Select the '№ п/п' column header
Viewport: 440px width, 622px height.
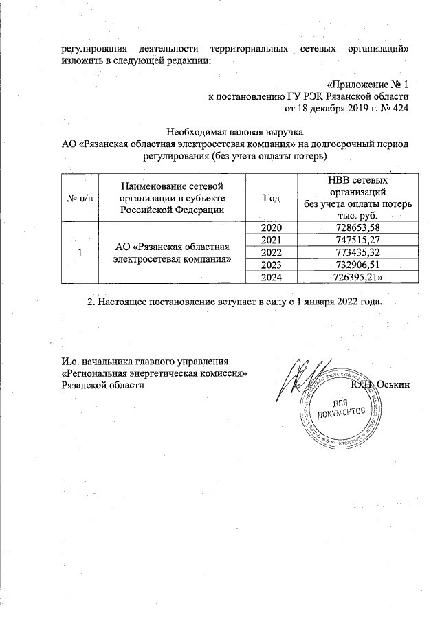pyautogui.click(x=80, y=198)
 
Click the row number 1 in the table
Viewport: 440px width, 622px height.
pyautogui.click(x=80, y=252)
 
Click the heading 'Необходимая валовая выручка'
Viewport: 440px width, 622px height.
pyautogui.click(x=235, y=131)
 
